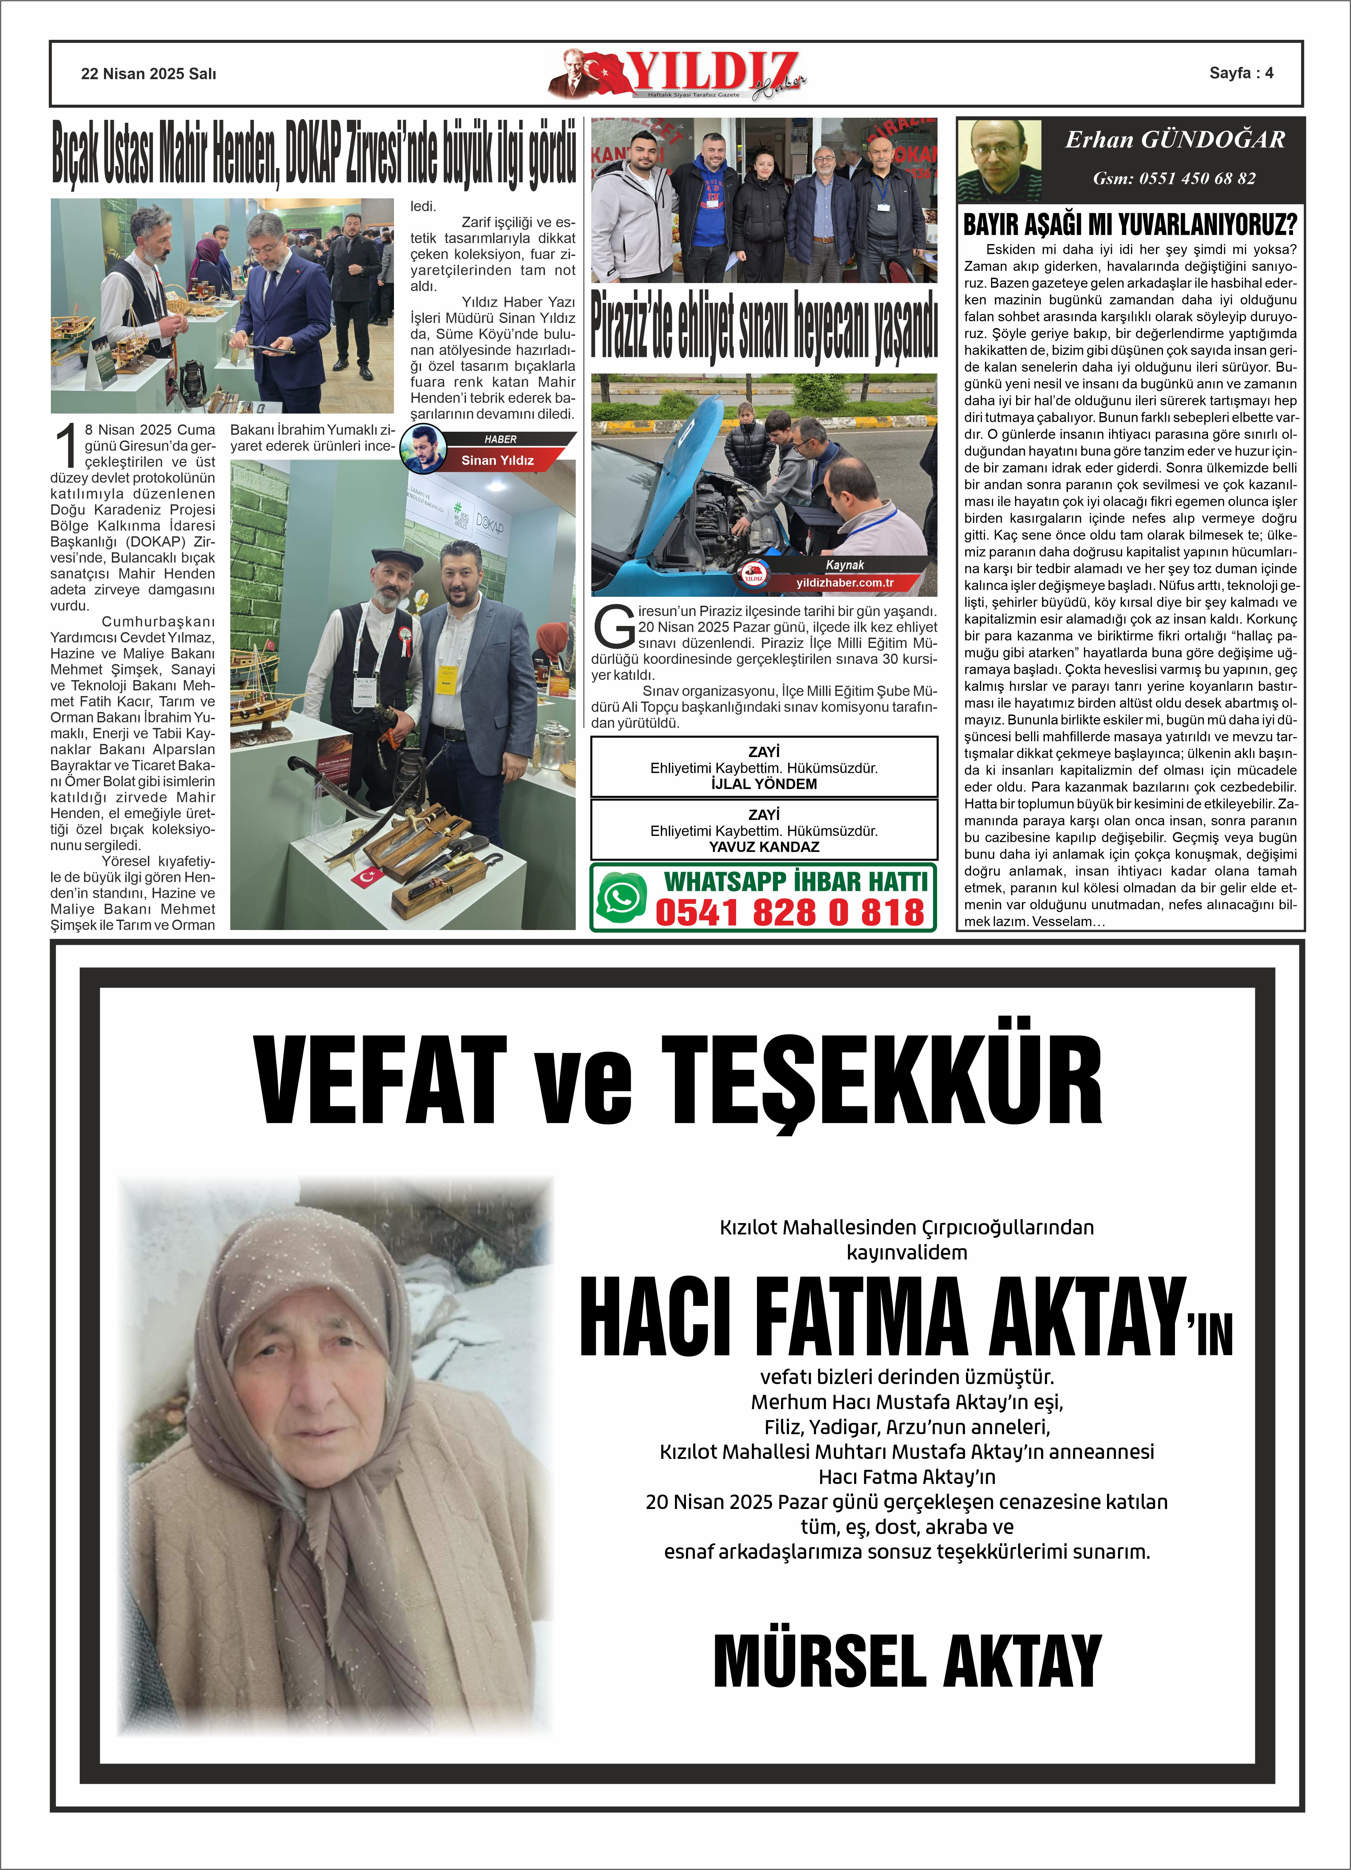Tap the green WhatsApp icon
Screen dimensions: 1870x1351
click(621, 897)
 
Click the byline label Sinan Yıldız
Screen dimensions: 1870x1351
click(497, 460)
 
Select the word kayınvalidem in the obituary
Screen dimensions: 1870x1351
click(907, 1252)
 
